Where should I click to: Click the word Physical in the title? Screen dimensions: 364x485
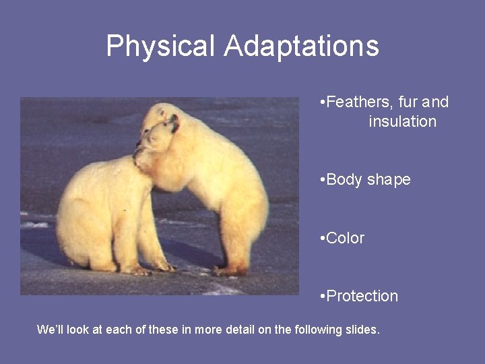tap(160, 47)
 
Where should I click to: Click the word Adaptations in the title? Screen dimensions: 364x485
tap(301, 47)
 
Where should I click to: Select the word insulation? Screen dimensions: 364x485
tap(402, 122)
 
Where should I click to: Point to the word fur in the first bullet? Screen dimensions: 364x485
tap(408, 102)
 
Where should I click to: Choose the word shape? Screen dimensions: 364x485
tap(389, 181)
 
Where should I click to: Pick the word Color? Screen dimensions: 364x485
tap(345, 238)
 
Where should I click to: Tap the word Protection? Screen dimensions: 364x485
tap(362, 296)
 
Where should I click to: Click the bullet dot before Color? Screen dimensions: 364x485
tap(323, 238)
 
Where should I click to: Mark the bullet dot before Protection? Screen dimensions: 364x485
tap(323, 296)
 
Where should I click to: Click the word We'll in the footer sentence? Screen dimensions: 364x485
tap(51, 330)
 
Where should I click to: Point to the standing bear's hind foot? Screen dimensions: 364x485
tap(229, 270)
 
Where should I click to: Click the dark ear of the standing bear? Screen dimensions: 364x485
tap(174, 123)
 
